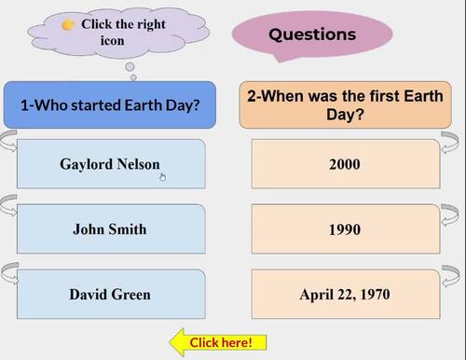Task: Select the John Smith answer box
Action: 110,228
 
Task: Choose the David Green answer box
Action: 110,294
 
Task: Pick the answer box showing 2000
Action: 345,163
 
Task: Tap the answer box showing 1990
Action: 345,228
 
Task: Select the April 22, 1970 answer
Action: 345,294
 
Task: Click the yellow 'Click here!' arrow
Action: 218,342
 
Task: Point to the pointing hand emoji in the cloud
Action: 68,24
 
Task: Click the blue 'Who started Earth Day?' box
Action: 110,104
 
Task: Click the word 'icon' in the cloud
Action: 112,40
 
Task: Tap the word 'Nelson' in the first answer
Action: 138,163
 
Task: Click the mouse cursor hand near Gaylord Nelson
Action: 162,173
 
